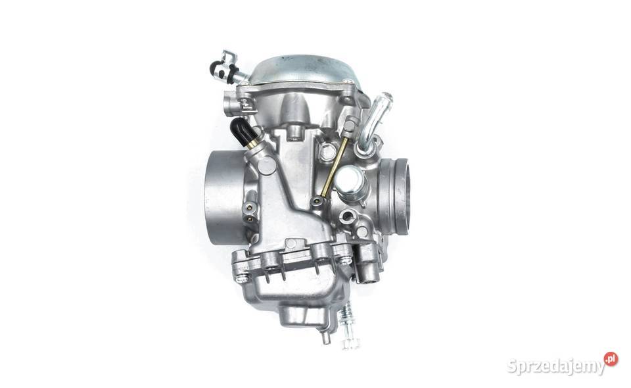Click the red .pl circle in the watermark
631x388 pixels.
tap(611, 359)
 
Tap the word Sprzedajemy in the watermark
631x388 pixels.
tap(555, 366)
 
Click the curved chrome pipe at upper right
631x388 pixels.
tap(375, 122)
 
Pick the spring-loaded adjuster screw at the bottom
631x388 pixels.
tap(348, 329)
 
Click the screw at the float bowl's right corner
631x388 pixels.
tap(343, 258)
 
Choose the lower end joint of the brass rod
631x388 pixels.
tap(320, 195)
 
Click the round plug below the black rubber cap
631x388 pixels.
tap(265, 165)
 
